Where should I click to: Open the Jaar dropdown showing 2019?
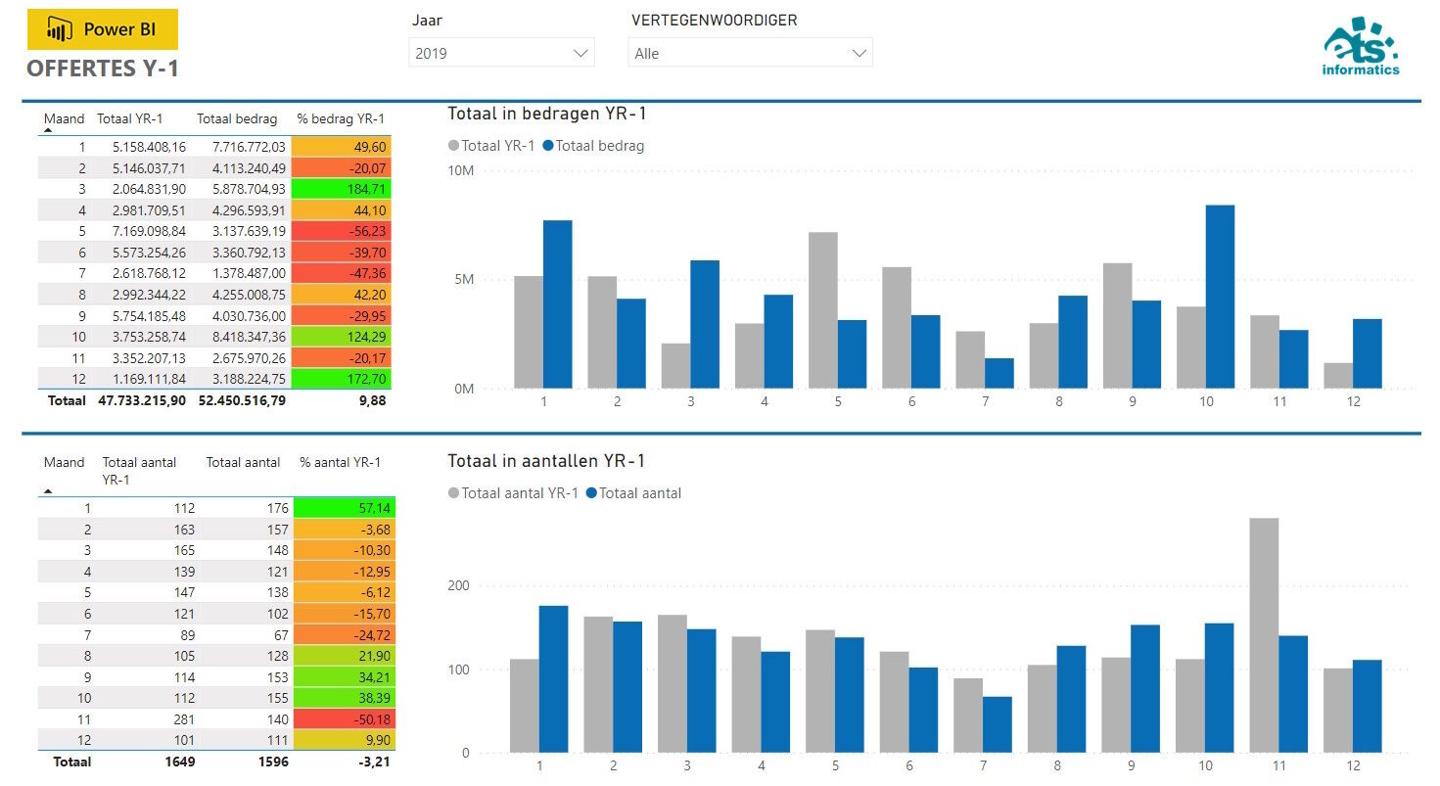(500, 53)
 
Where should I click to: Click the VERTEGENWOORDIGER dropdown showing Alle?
(749, 53)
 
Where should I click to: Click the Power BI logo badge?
(103, 29)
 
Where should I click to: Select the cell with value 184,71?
(342, 189)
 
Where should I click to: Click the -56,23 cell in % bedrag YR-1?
(342, 231)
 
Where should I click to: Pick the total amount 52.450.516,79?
(241, 400)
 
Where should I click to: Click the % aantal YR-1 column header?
(340, 462)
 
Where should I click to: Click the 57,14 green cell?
(343, 508)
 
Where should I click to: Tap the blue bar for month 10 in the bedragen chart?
(1220, 297)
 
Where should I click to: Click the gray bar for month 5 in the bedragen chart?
(822, 309)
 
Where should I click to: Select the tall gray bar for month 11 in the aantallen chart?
(1264, 635)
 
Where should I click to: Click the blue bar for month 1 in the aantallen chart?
(553, 679)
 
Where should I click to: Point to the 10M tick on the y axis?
(460, 170)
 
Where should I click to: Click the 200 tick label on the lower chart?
(458, 586)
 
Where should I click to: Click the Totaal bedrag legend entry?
(599, 146)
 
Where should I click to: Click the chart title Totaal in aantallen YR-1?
(546, 461)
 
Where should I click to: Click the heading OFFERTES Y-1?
(103, 69)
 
